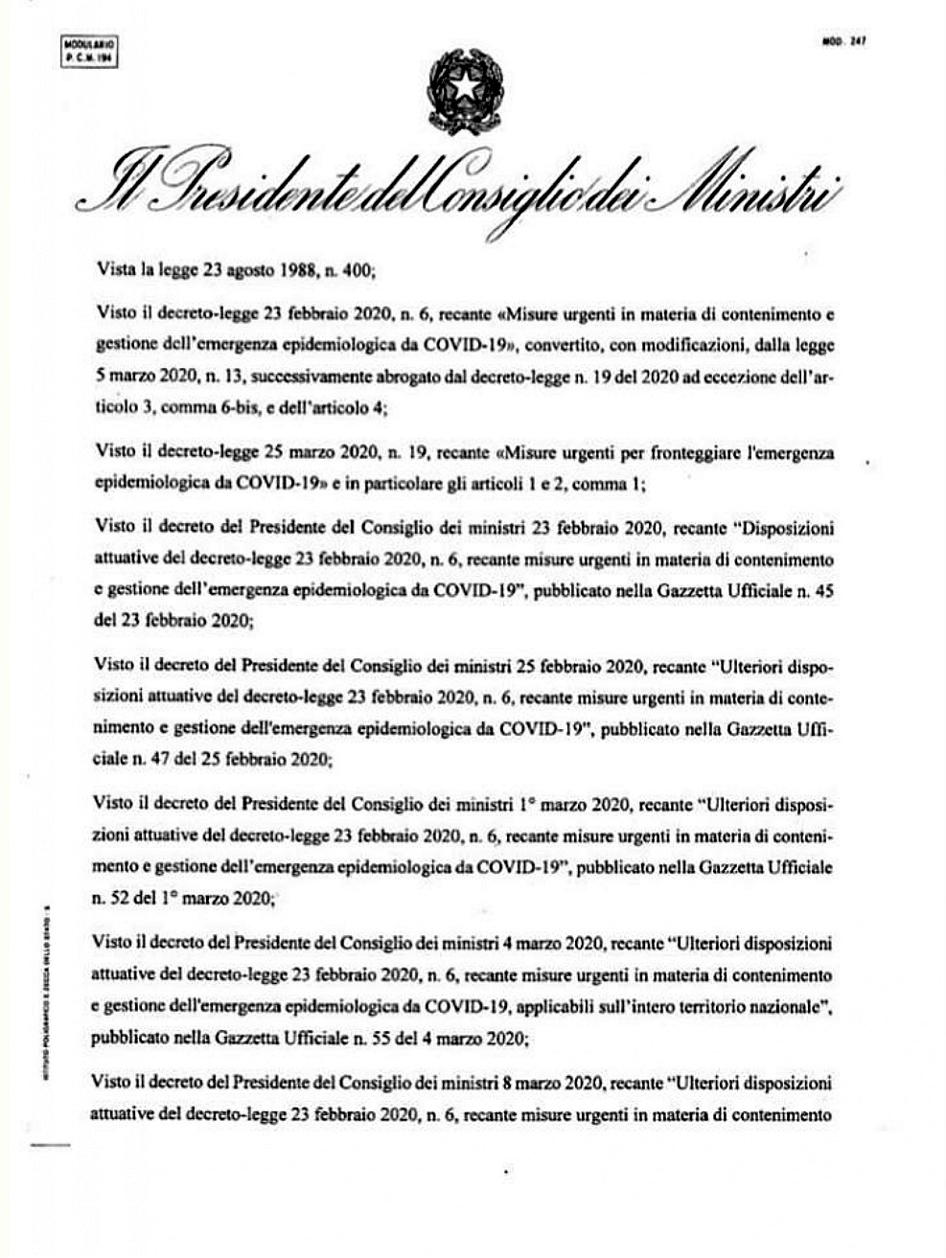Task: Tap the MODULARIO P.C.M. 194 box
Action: point(89,51)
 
